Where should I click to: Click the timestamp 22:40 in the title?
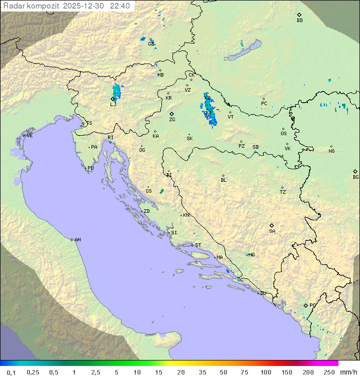click(x=120, y=6)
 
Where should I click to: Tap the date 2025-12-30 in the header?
click(x=87, y=6)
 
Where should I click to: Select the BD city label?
click(x=299, y=21)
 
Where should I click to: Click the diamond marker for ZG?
click(x=171, y=114)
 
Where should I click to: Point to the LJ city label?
click(x=112, y=105)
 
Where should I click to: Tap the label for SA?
click(x=272, y=231)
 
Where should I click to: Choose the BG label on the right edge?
click(x=355, y=177)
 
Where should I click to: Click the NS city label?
click(x=331, y=151)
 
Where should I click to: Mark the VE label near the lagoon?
click(x=29, y=136)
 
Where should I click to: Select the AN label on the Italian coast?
click(x=77, y=240)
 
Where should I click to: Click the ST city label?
click(x=198, y=245)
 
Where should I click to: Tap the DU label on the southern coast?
click(x=262, y=293)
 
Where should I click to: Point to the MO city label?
click(x=251, y=255)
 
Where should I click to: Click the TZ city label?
click(x=283, y=192)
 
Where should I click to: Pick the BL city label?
click(x=223, y=180)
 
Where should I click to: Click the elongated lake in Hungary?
click(x=243, y=51)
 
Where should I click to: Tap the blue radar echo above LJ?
click(x=116, y=91)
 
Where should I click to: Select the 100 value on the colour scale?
click(x=265, y=372)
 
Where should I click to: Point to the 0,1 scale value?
click(x=11, y=372)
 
